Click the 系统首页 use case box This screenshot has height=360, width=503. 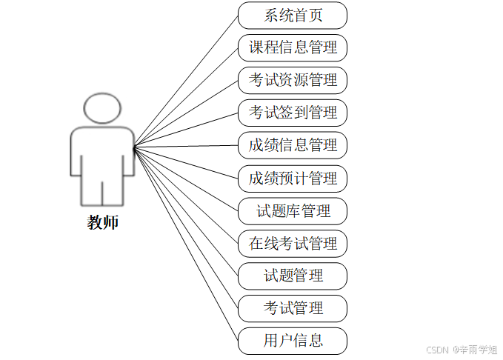(x=293, y=15)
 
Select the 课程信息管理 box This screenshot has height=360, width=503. (x=293, y=47)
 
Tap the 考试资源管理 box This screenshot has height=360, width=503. (x=293, y=80)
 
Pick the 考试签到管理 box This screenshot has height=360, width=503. (x=293, y=113)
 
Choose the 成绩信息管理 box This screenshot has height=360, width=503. (x=293, y=145)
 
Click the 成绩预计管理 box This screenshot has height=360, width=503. (x=293, y=178)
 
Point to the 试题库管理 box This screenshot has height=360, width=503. (x=293, y=210)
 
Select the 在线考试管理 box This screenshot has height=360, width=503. (x=293, y=243)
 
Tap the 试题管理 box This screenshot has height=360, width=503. (x=293, y=276)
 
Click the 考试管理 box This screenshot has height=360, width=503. (x=293, y=308)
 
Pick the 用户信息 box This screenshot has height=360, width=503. (x=293, y=341)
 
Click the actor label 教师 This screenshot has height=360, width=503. (x=102, y=222)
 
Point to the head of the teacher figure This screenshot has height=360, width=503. (x=102, y=108)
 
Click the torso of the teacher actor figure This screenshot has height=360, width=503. (x=102, y=152)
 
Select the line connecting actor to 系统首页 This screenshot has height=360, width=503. (x=186, y=81)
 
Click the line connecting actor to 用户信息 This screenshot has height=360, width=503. (x=186, y=245)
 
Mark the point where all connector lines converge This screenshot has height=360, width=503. (x=134, y=148)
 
